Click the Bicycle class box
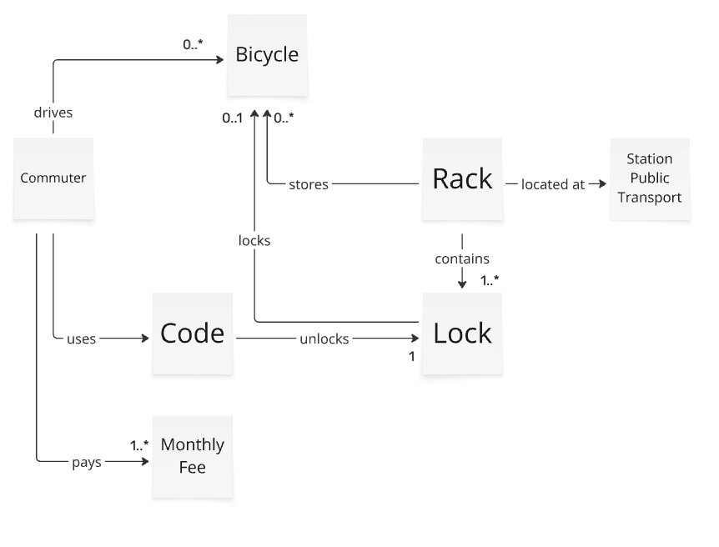click(x=267, y=56)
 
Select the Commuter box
click(x=53, y=178)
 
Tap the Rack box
click(x=462, y=178)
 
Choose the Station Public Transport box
click(x=650, y=178)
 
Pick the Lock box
click(x=462, y=334)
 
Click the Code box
click(x=193, y=334)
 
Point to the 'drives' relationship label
click(x=53, y=113)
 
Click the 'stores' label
click(x=309, y=184)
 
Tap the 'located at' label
click(x=553, y=184)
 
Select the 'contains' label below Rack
click(x=462, y=258)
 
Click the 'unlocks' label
click(x=324, y=339)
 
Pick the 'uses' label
click(x=81, y=339)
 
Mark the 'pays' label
click(x=87, y=461)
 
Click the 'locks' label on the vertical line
click(x=254, y=240)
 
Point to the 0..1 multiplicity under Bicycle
click(x=232, y=118)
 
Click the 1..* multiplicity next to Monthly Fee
click(x=138, y=445)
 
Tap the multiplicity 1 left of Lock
click(x=411, y=356)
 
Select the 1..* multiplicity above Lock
click(x=490, y=281)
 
